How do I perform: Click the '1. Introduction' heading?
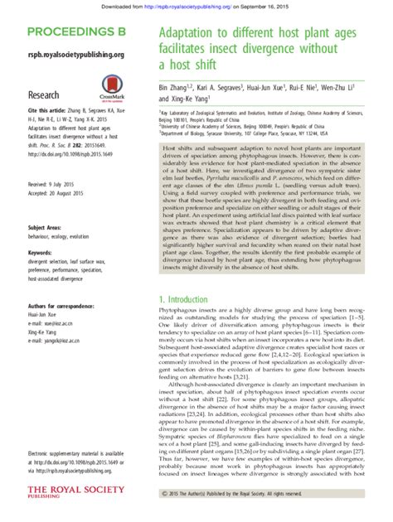[x=187, y=298]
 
